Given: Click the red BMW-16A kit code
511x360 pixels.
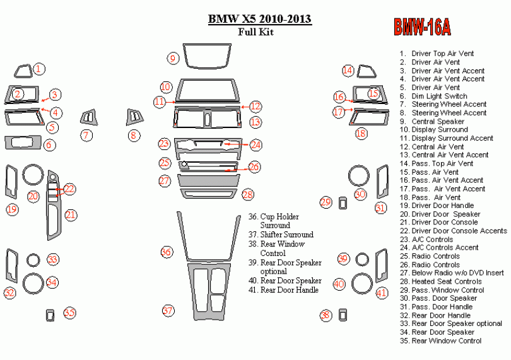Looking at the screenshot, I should coord(423,27).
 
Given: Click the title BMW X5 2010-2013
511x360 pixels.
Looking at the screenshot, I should coord(259,20).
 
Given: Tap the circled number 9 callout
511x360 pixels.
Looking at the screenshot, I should coord(173,59).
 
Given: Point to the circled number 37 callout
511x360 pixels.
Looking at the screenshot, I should coord(167,310).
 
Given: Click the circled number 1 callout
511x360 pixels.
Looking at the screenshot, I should coord(39,69).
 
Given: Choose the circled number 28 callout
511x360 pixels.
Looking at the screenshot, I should coord(247,194).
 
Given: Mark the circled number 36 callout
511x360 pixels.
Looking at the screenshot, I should coord(165,252).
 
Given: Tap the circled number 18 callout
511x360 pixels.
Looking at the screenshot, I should coord(361,133).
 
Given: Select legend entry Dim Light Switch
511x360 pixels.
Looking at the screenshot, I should coord(439,96).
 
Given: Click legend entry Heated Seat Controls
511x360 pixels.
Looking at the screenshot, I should coord(446,281).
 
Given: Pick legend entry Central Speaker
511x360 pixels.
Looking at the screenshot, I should coord(438,121).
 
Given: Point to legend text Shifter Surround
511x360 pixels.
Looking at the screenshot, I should coord(286,235).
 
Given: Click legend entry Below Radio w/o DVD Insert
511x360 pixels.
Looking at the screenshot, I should coord(457,273).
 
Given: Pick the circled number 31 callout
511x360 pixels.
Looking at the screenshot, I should coord(380,207).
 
